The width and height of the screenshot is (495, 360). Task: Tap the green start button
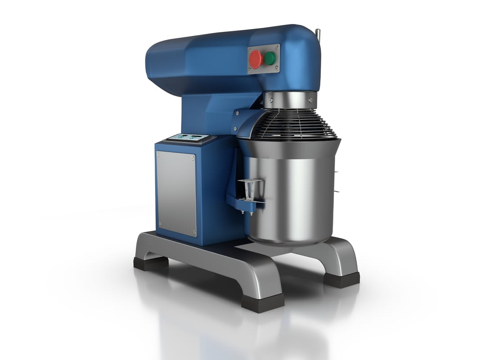[270, 58]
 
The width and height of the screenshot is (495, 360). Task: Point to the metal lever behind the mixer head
[318, 34]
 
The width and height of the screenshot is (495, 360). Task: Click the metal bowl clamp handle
[251, 189]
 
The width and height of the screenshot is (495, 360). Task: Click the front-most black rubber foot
[262, 302]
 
